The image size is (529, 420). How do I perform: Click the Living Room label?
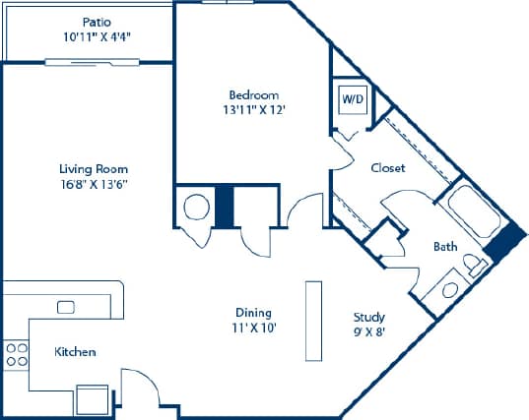94,168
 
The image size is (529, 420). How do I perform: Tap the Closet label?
388,168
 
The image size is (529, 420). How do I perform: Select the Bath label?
445,246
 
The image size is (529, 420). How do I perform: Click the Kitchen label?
75,352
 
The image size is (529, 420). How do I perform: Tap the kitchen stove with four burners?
16,354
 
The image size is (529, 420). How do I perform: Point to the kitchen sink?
66,308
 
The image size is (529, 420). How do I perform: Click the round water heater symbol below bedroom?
194,208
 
